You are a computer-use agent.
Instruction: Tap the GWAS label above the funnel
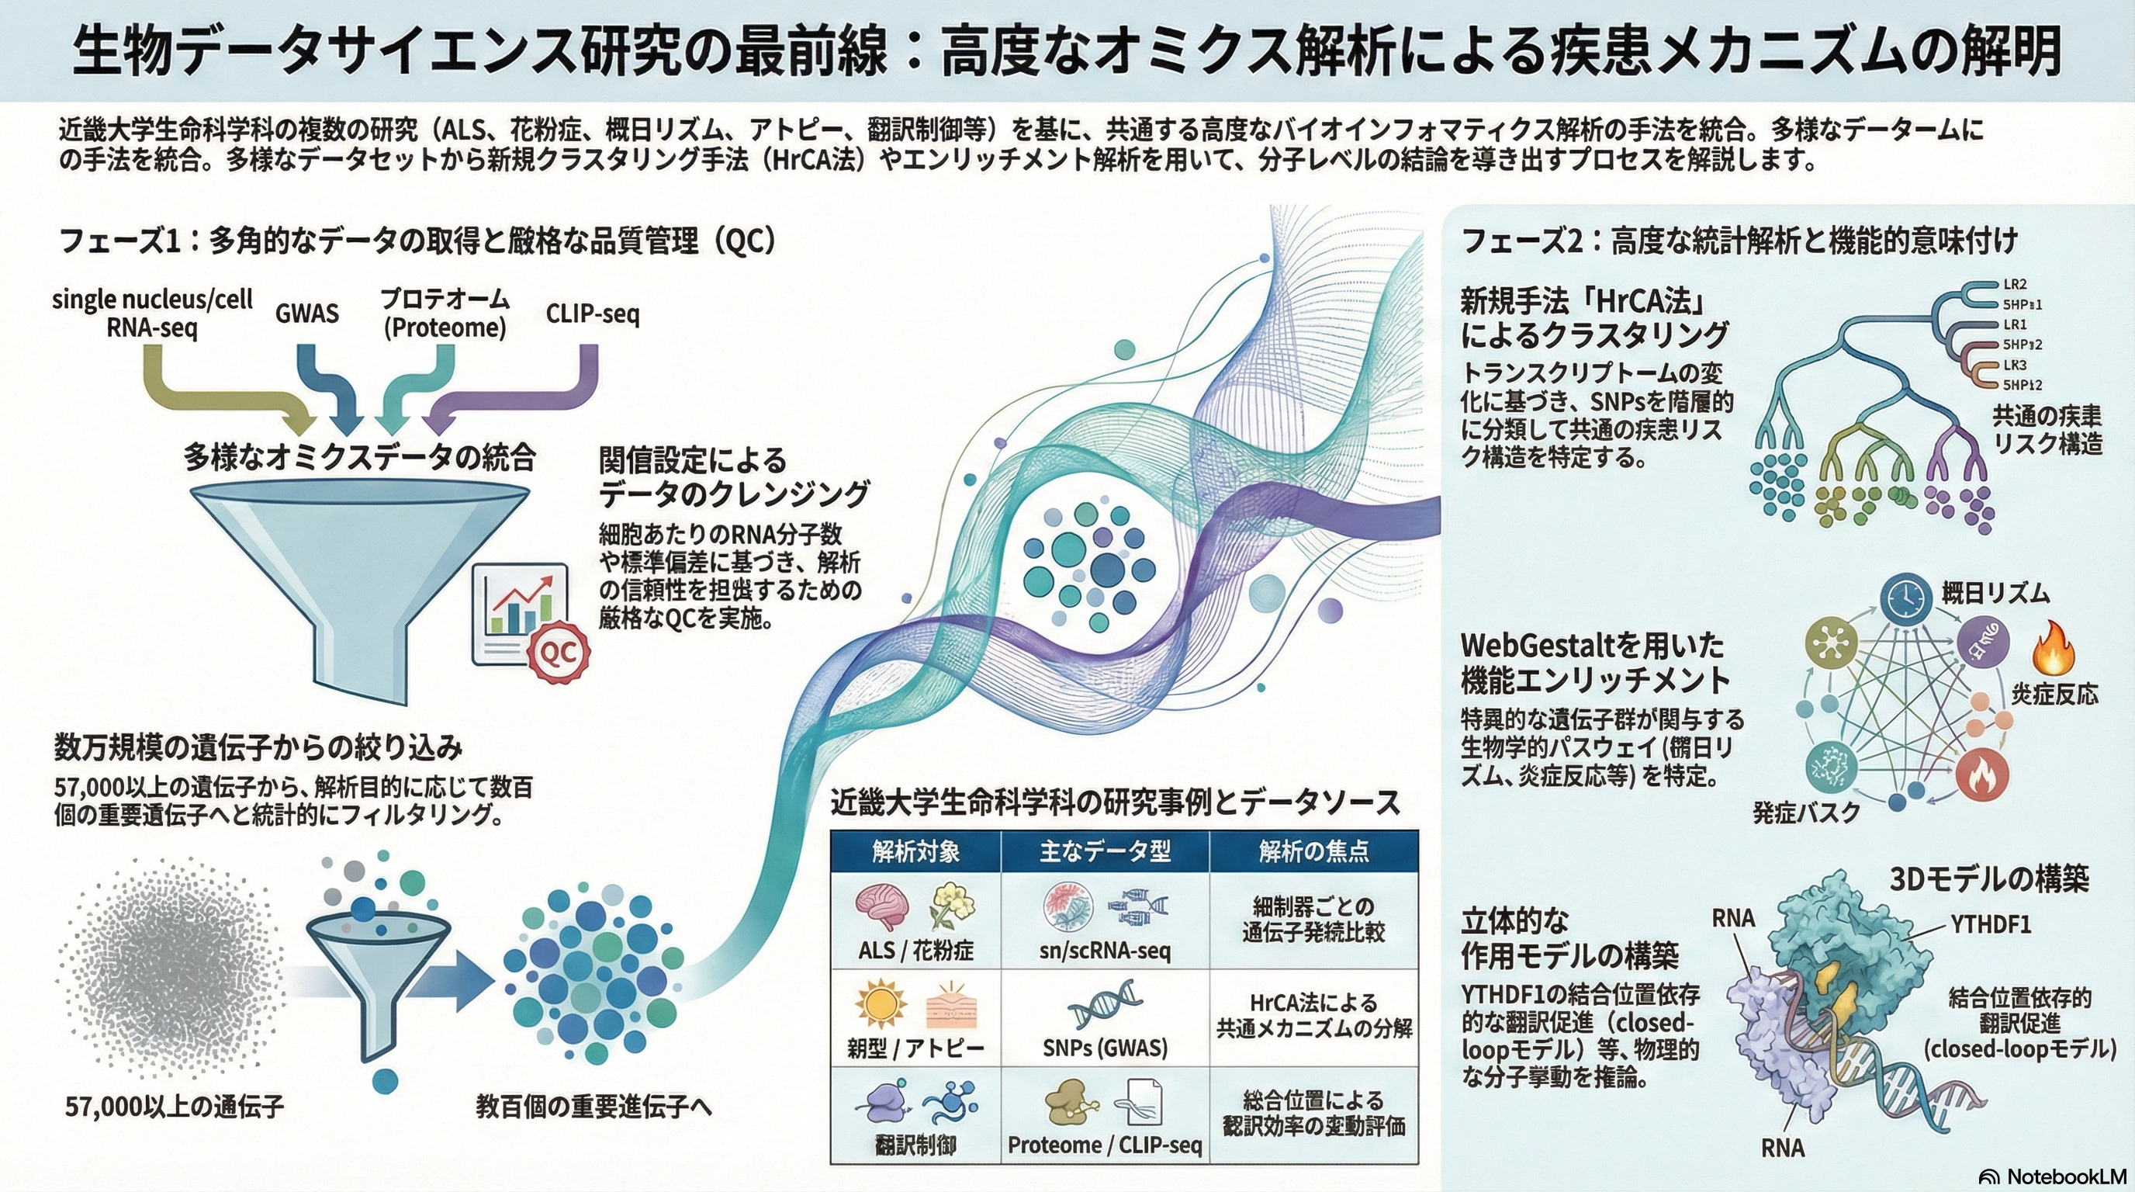306,314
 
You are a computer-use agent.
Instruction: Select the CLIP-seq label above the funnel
593,314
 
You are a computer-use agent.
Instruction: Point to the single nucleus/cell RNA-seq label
153,314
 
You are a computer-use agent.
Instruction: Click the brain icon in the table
881,907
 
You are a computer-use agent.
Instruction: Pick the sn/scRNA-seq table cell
1105,950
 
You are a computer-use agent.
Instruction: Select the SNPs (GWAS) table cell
1105,1048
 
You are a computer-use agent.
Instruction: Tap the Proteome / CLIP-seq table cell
1105,1145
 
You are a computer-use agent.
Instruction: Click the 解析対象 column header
915,851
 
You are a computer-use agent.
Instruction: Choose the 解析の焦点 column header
1313,851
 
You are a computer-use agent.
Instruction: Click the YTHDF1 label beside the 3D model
1990,924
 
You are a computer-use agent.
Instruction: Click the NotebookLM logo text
2055,1176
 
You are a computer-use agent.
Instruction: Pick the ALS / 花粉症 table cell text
915,950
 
